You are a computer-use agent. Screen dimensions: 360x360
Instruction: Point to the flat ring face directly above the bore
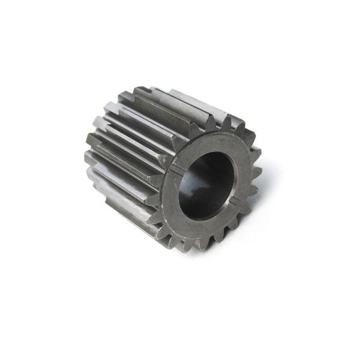click(x=213, y=144)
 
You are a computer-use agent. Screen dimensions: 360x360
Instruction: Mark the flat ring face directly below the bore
click(x=201, y=227)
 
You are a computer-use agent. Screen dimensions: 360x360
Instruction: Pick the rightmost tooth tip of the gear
click(x=262, y=174)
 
